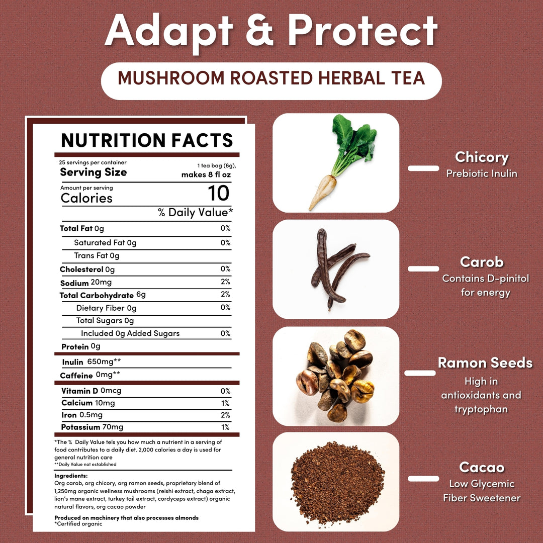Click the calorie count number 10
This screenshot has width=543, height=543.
[219, 193]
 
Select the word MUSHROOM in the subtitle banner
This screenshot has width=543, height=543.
[171, 78]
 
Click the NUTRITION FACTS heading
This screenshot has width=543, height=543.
[147, 140]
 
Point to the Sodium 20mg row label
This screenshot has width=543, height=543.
[86, 283]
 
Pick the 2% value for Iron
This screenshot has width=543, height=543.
[225, 415]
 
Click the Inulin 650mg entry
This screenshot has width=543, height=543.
[92, 362]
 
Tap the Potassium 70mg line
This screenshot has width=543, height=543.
[92, 427]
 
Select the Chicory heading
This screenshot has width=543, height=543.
[482, 157]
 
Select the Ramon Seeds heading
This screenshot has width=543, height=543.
[485, 363]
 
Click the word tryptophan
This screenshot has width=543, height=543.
[481, 409]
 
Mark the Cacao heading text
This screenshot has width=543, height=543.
[482, 467]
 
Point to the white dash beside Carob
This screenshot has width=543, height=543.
[423, 268]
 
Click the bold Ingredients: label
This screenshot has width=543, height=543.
[71, 476]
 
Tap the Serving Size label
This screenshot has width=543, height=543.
[94, 172]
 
